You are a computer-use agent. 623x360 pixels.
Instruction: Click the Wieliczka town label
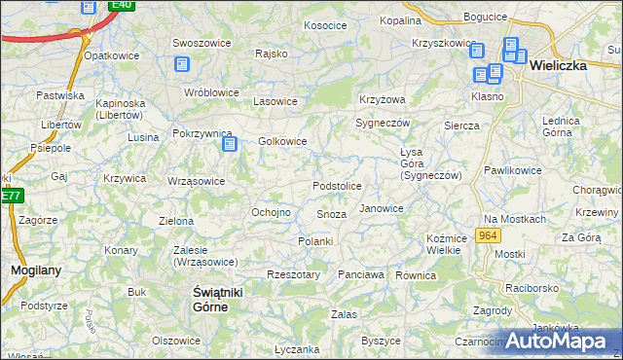(568, 67)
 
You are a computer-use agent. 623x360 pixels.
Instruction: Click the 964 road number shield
(490, 236)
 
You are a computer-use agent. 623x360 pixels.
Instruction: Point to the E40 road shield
(121, 5)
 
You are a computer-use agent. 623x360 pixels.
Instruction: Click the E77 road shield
(10, 196)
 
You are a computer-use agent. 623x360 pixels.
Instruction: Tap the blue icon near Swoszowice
(181, 64)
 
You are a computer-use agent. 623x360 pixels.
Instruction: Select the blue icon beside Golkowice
(230, 145)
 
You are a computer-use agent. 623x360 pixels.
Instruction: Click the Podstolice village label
(337, 186)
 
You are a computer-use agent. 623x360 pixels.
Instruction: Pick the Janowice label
(381, 208)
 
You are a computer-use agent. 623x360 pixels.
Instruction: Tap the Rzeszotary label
(293, 274)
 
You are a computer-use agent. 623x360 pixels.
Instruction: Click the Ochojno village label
(271, 212)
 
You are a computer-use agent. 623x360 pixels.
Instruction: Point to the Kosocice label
(325, 25)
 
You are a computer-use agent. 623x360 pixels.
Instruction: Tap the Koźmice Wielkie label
(443, 244)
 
